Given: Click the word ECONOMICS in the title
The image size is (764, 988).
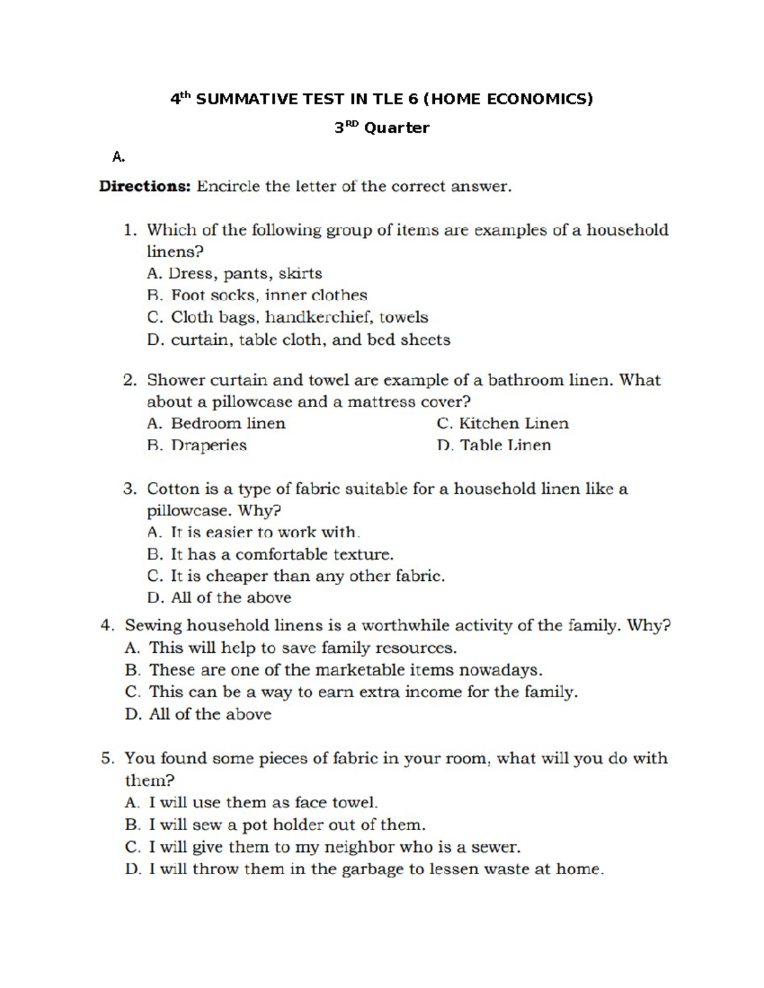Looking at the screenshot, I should [x=539, y=99].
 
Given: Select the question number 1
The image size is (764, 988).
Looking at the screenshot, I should [x=129, y=230].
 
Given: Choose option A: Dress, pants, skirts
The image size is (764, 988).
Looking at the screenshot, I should [x=234, y=274].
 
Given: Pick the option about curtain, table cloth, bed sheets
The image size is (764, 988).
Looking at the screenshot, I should [x=299, y=340].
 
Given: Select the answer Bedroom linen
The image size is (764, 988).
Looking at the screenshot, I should [x=216, y=424].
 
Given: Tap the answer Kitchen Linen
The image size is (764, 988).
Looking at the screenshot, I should [x=503, y=424].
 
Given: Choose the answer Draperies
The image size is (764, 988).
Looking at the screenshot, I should [x=197, y=445].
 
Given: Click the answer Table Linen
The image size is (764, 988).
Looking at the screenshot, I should [x=494, y=445].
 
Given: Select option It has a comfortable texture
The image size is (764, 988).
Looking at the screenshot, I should [x=270, y=555].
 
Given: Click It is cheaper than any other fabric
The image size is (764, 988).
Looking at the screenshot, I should [x=296, y=576].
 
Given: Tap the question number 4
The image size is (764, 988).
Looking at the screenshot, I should [x=107, y=626].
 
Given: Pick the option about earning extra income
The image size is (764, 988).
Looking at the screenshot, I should [x=351, y=692].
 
